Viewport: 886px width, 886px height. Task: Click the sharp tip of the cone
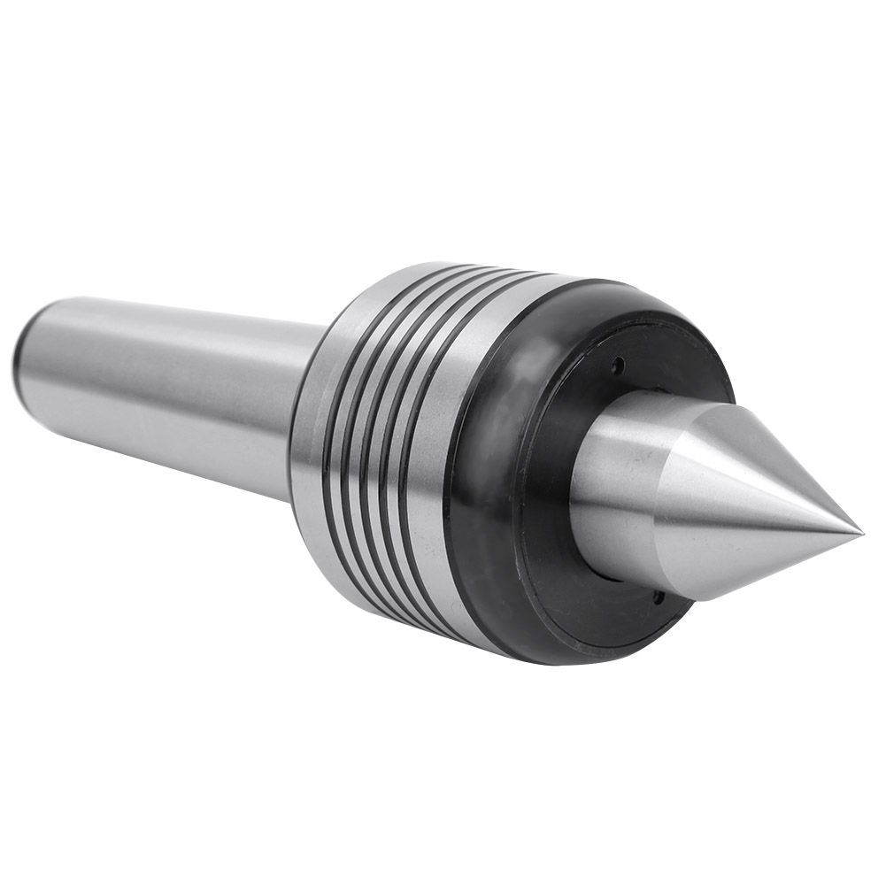click(x=859, y=532)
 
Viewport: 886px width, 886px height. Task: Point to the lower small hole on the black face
click(x=658, y=597)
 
